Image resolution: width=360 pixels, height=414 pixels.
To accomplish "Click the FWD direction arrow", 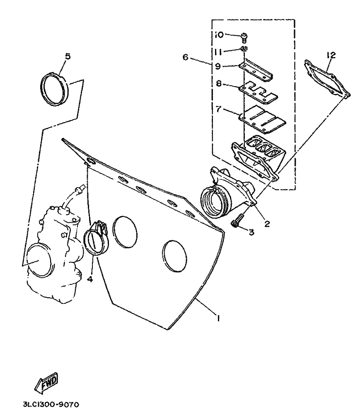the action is pos(46,382).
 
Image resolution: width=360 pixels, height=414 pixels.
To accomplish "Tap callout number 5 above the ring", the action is pos(68,56).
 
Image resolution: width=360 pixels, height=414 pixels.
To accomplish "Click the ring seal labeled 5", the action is pos(55,89).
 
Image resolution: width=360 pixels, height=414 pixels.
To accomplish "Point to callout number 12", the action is pos(331,55).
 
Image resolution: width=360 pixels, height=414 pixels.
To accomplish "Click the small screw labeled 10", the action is pos(244,37).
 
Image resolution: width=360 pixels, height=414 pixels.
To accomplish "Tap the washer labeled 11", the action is pos(244,48).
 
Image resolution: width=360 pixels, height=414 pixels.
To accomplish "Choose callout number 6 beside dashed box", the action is pos(186,57).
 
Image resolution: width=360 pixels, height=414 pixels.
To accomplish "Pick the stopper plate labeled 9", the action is pos(256,70).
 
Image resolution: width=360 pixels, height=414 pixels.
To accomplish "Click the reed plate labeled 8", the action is pos(258,91).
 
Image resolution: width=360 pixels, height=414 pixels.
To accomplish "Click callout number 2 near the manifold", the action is pos(267,224).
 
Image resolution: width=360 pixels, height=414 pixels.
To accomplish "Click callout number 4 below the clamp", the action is pos(90,279).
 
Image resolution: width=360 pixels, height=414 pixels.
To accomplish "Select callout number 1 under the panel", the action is pos(218,318).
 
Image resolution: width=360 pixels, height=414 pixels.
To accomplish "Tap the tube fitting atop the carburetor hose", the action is pos(80,188).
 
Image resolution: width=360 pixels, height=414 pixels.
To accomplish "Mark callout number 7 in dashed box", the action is pos(218,109).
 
